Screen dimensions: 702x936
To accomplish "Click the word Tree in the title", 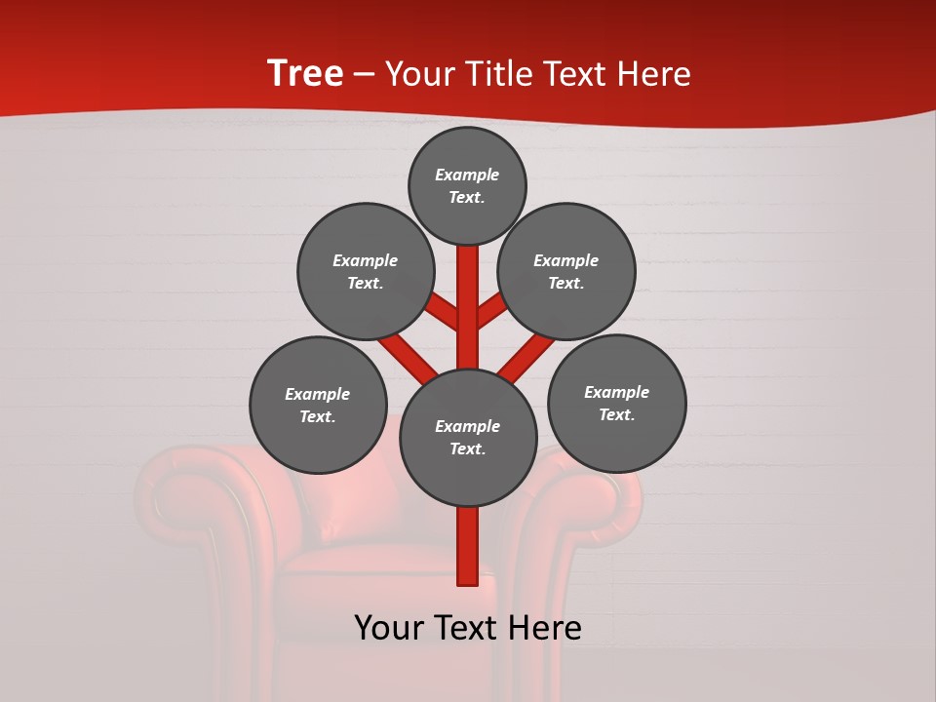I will tap(305, 74).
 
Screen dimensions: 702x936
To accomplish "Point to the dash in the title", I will tap(365, 75).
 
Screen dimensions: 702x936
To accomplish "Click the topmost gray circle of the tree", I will tap(467, 185).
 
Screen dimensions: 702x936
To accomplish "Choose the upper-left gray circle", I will tap(366, 271).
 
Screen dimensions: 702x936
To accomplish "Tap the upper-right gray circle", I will tap(566, 271).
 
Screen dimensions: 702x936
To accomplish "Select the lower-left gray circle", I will tap(318, 405).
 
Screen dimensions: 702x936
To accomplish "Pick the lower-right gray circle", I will tap(616, 403).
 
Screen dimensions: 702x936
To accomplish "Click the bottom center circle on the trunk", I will tap(468, 438).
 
